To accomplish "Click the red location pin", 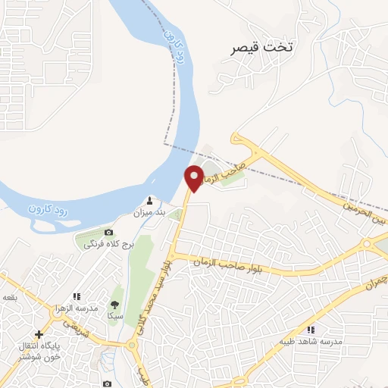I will coord(195,178).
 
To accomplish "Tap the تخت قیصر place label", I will coord(263,47).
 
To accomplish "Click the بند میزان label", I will coord(149,213).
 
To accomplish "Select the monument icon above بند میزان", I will coord(149,201).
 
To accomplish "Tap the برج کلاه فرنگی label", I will coord(108,244).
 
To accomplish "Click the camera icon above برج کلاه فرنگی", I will coord(108,232).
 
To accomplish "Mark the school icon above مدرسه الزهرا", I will coord(76,297).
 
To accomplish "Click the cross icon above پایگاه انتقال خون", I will coord(39,333).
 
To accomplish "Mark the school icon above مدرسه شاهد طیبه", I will coord(311,330).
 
